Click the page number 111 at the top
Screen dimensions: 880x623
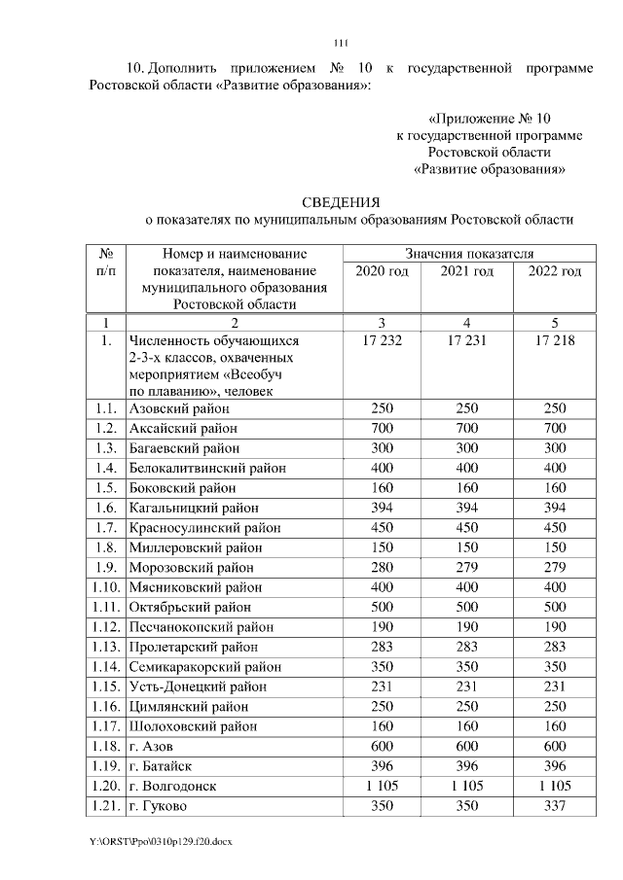point(340,42)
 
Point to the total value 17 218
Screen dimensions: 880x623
point(554,341)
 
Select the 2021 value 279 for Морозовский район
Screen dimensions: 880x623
point(467,568)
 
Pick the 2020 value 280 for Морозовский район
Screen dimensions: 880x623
point(382,568)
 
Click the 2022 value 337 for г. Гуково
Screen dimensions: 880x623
point(554,805)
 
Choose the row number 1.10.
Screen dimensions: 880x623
point(108,587)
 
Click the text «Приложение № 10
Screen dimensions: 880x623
point(490,117)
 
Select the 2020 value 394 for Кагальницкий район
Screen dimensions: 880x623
point(382,509)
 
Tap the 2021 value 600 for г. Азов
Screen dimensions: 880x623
point(467,746)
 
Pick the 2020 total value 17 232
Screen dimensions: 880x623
point(382,341)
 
